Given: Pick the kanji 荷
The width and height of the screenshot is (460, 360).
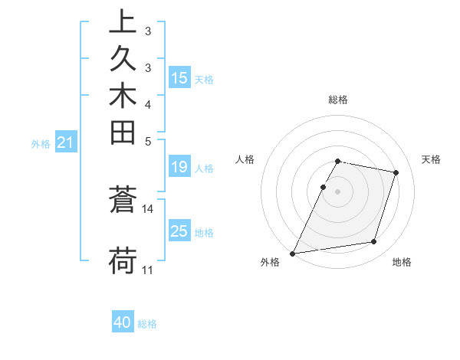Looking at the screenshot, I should point(123,260).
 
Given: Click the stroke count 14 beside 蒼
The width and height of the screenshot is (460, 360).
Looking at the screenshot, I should point(148,208).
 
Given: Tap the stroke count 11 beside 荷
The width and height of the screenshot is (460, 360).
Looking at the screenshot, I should point(148,270).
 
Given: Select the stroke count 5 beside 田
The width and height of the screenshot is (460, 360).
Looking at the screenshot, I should point(148,141).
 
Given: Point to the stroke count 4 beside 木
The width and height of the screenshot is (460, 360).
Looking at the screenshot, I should point(148,103).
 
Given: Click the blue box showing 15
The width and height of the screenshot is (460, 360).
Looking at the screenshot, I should point(179,77).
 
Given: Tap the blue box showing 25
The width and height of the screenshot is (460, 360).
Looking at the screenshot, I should point(179,231).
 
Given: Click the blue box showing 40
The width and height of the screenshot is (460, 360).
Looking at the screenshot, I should point(123,322).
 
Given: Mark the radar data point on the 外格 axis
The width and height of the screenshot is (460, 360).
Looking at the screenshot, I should point(293,253).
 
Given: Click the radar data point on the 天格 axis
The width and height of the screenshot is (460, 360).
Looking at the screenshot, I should point(396,172).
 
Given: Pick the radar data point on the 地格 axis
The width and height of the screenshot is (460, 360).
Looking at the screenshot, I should point(373,242).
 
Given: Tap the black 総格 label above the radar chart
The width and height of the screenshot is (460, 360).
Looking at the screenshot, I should point(338,100).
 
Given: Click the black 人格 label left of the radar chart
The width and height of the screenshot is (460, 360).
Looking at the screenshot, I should point(245,159).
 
